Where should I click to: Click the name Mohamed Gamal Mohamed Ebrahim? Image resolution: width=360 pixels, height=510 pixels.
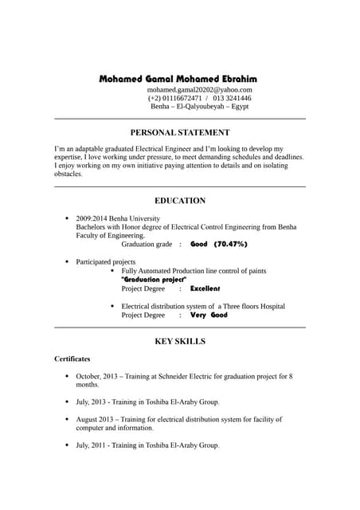tap(178, 80)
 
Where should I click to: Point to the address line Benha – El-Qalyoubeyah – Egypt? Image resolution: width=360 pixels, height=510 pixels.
tap(199, 106)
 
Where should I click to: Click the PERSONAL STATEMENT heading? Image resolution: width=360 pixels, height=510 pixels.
tap(180, 132)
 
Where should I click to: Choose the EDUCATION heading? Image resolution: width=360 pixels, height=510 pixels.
tap(180, 201)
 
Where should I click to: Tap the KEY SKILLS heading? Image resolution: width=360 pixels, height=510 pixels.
tap(180, 341)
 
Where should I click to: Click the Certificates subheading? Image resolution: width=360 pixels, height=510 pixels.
tap(72, 359)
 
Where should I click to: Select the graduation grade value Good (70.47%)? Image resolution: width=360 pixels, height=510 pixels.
tap(219, 244)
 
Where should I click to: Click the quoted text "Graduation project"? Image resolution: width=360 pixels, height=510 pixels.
tap(154, 280)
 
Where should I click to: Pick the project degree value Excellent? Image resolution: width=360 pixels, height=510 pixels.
tap(205, 288)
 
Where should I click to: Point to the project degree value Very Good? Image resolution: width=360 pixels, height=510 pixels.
tap(209, 315)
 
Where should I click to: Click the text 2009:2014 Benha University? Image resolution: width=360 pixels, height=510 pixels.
tap(117, 218)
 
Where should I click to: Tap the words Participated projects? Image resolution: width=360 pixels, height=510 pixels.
tap(105, 261)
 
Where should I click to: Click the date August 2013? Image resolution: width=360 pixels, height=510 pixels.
tap(96, 418)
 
